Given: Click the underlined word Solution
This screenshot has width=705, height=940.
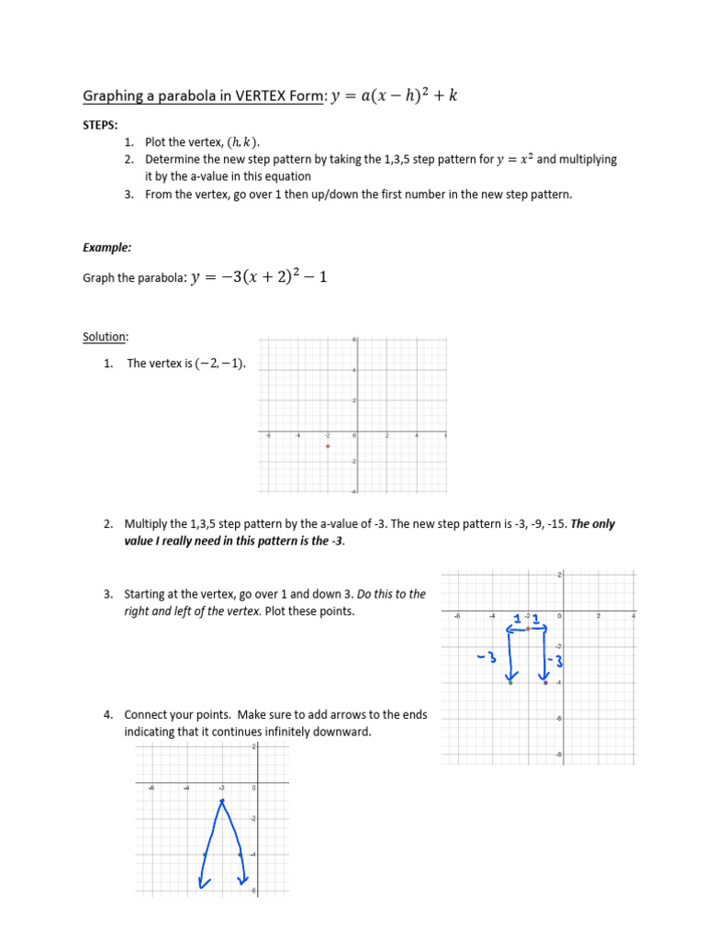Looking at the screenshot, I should tap(105, 338).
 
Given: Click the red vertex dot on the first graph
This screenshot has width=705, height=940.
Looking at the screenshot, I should tap(328, 446).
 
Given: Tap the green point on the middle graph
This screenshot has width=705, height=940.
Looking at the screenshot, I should tap(510, 683).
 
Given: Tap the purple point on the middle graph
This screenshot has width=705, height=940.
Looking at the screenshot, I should tap(546, 683).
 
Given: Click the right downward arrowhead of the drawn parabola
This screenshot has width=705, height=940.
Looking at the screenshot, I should tap(243, 882).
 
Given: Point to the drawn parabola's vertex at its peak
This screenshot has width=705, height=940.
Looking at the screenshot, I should tap(221, 801).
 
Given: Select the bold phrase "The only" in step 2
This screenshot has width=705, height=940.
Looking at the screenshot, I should tap(593, 524).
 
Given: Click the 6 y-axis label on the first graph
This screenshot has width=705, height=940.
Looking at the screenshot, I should tap(353, 340).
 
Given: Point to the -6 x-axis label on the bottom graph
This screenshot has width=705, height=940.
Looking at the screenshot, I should tap(151, 787).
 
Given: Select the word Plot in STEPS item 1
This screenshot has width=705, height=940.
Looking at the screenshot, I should tap(156, 142).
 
